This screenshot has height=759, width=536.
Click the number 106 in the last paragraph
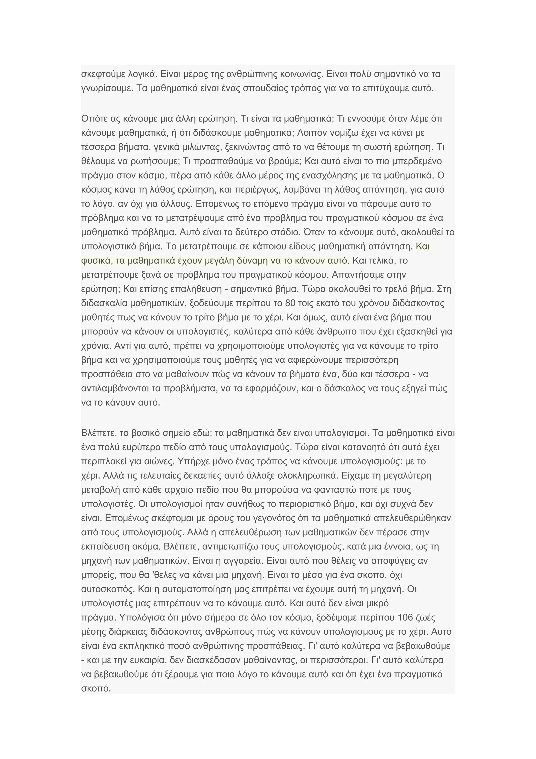[406, 618]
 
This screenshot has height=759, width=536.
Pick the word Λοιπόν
[311, 133]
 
